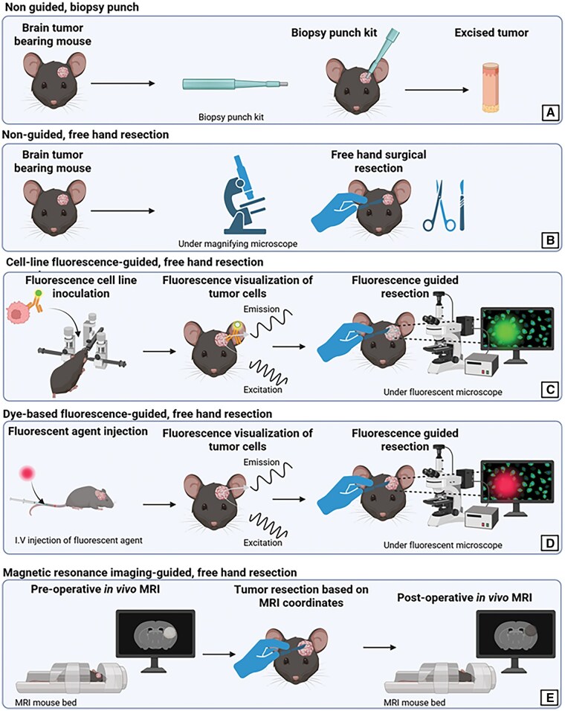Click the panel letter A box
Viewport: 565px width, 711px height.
click(x=550, y=112)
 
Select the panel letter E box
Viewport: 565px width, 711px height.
click(x=550, y=696)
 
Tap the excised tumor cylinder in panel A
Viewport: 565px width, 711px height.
click(x=490, y=88)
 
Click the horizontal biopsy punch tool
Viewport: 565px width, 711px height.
click(x=235, y=84)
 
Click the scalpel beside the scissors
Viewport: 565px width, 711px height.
click(x=462, y=205)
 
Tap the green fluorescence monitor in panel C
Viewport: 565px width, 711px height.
click(x=517, y=333)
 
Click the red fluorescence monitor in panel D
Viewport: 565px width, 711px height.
click(x=517, y=486)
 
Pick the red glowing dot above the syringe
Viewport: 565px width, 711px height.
click(x=28, y=474)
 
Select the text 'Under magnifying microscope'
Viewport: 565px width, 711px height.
click(x=238, y=244)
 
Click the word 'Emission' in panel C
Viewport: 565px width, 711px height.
click(x=262, y=309)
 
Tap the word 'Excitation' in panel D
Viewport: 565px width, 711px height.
click(x=262, y=543)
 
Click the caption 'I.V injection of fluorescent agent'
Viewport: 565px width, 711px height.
click(x=79, y=541)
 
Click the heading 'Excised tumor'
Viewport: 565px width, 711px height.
click(x=491, y=33)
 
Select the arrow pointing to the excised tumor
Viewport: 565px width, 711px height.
click(x=437, y=90)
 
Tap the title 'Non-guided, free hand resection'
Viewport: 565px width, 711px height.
click(x=85, y=135)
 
